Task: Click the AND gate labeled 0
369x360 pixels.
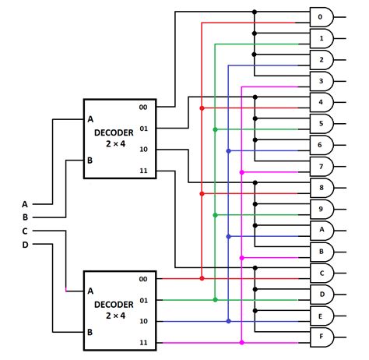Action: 322,16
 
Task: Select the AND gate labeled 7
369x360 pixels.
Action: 322,166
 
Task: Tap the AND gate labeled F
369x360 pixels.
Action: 322,337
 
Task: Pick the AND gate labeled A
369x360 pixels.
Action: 322,230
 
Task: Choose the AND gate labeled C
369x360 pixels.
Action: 322,273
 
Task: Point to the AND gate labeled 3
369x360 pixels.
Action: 322,80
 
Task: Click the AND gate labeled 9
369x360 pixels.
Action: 322,209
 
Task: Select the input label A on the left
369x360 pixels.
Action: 24,204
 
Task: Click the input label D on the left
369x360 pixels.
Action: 24,244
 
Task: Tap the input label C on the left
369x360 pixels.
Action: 24,231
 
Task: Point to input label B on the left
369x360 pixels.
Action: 24,217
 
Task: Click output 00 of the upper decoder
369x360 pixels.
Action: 143,107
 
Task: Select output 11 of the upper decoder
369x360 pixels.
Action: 143,170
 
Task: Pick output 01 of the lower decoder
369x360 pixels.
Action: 143,300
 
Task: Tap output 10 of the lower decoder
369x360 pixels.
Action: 143,321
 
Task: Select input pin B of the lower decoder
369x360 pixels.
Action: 90,332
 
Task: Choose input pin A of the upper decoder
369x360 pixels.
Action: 90,119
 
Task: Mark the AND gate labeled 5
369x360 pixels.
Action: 322,123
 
